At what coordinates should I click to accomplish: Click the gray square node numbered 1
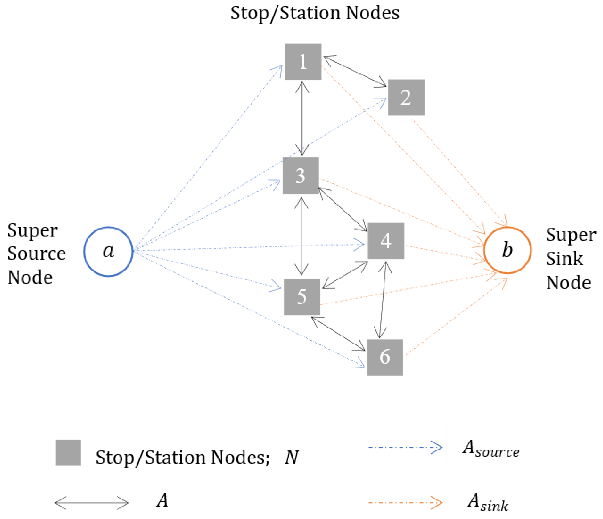(x=303, y=62)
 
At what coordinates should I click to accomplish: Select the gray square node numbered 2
(x=406, y=97)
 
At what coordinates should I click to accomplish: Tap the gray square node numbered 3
(x=301, y=176)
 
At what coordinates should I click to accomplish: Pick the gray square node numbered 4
(x=386, y=241)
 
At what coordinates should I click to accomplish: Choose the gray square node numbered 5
(x=302, y=297)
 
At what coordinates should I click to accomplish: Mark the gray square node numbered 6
(x=385, y=357)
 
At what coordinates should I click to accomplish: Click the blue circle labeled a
(x=108, y=251)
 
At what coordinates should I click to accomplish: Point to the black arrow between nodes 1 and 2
(x=355, y=71)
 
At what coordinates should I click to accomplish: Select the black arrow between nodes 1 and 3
(x=302, y=118)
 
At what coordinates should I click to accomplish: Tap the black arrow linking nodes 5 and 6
(x=338, y=334)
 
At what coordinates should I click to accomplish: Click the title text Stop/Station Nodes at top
(x=315, y=13)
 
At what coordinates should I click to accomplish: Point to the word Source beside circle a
(x=36, y=254)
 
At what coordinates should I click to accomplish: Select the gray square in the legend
(x=68, y=452)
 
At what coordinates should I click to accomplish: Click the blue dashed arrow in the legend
(x=405, y=447)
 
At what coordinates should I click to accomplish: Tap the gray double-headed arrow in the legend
(x=92, y=503)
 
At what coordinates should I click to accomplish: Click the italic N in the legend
(x=291, y=457)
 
